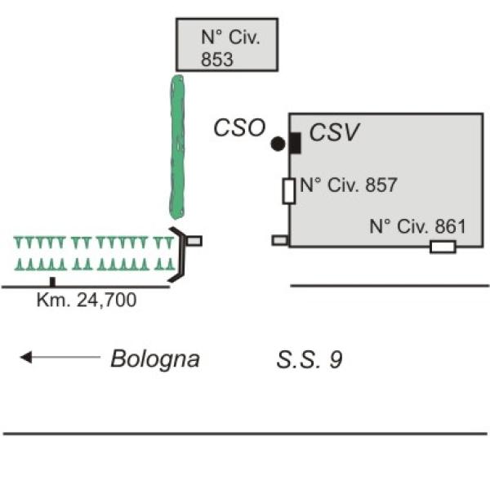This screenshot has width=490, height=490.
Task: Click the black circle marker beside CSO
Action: [278, 144]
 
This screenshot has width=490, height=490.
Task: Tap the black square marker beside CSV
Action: [295, 143]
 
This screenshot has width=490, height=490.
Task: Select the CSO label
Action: [239, 128]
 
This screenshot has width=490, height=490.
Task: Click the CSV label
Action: [334, 131]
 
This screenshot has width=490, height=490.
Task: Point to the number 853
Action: [217, 60]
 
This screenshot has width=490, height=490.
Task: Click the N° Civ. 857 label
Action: [349, 185]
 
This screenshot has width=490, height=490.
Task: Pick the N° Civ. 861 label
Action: [417, 226]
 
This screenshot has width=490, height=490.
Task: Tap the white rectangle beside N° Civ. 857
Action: [289, 191]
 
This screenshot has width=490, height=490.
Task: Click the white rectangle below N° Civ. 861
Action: [443, 247]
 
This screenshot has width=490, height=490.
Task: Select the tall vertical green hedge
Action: [177, 147]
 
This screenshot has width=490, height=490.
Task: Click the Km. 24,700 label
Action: [87, 300]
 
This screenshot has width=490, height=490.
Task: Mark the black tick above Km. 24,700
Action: [52, 282]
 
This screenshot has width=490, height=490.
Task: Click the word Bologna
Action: [155, 359]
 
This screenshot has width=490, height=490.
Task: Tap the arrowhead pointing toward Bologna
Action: [26, 357]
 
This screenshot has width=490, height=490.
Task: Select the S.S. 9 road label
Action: [310, 359]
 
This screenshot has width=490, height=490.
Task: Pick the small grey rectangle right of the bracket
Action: [194, 241]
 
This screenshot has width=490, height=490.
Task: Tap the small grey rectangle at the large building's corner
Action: [280, 240]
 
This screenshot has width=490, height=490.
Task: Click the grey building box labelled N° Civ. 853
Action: [227, 45]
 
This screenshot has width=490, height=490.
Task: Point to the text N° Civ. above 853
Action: [230, 37]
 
